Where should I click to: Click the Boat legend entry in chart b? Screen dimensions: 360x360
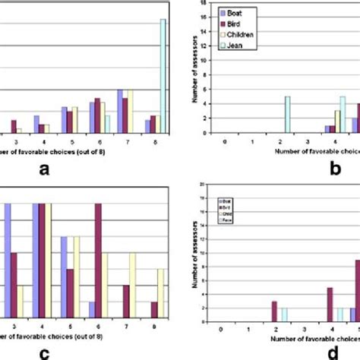236,13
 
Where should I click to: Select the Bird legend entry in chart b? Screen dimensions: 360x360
235,23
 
